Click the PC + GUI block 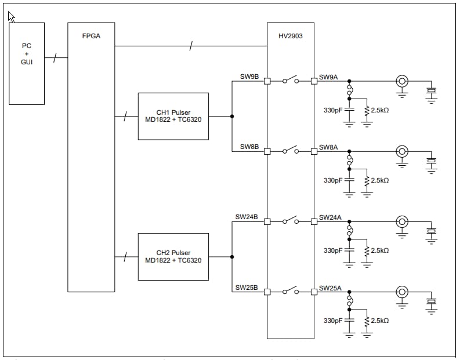[x=27, y=63]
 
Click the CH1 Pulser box [x=173, y=116]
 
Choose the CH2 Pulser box [x=173, y=256]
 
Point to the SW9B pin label [x=249, y=77]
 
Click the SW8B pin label [x=249, y=147]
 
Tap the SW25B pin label [x=247, y=287]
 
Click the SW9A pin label [x=328, y=77]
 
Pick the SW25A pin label [x=331, y=288]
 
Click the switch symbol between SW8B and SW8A [x=290, y=150]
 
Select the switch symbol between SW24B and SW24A [x=290, y=220]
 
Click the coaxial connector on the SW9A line [x=401, y=81]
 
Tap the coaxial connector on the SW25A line [x=401, y=292]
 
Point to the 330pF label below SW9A [x=333, y=110]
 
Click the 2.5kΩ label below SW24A [x=379, y=250]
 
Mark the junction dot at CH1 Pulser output [x=232, y=116]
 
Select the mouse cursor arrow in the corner [x=12, y=17]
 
